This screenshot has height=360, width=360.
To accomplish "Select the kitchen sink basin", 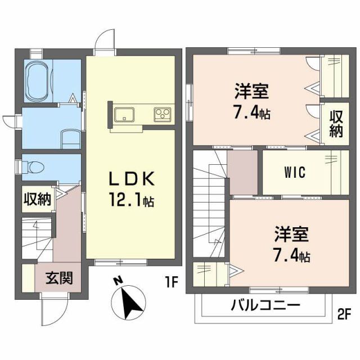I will (x=123, y=115).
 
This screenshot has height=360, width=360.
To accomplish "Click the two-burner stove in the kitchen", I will (x=163, y=115).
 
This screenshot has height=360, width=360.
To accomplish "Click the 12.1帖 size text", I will (x=133, y=200).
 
